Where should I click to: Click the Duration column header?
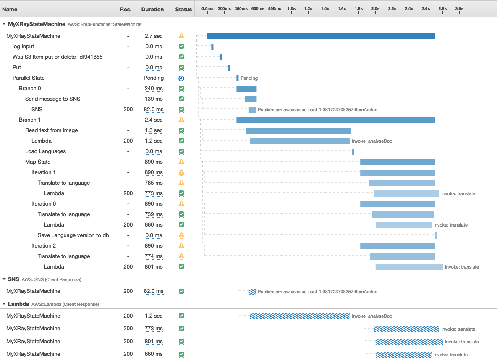[x=152, y=9]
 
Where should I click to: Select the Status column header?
[x=183, y=9]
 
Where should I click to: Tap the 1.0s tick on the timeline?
[x=291, y=8]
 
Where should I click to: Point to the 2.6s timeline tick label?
[x=426, y=8]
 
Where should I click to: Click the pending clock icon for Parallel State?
[x=181, y=78]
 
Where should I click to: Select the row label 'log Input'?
[x=24, y=47]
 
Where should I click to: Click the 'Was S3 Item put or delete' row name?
[x=58, y=57]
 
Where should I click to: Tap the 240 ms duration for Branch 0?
[x=154, y=89]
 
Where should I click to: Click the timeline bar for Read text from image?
[x=298, y=130]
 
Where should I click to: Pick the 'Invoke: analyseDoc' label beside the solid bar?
[x=372, y=141]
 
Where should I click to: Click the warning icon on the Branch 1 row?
[x=181, y=120]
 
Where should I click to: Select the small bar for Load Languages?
[x=353, y=151]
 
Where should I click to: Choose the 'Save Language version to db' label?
[x=73, y=235]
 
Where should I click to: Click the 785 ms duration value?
[x=154, y=183]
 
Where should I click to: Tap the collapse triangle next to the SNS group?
[x=4, y=279]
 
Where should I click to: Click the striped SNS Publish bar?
[x=252, y=292]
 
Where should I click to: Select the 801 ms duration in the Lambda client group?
[x=154, y=342]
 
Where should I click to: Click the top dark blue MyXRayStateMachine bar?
[x=321, y=36]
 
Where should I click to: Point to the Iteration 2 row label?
[x=44, y=246]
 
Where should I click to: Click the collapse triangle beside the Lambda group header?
[x=4, y=303]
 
